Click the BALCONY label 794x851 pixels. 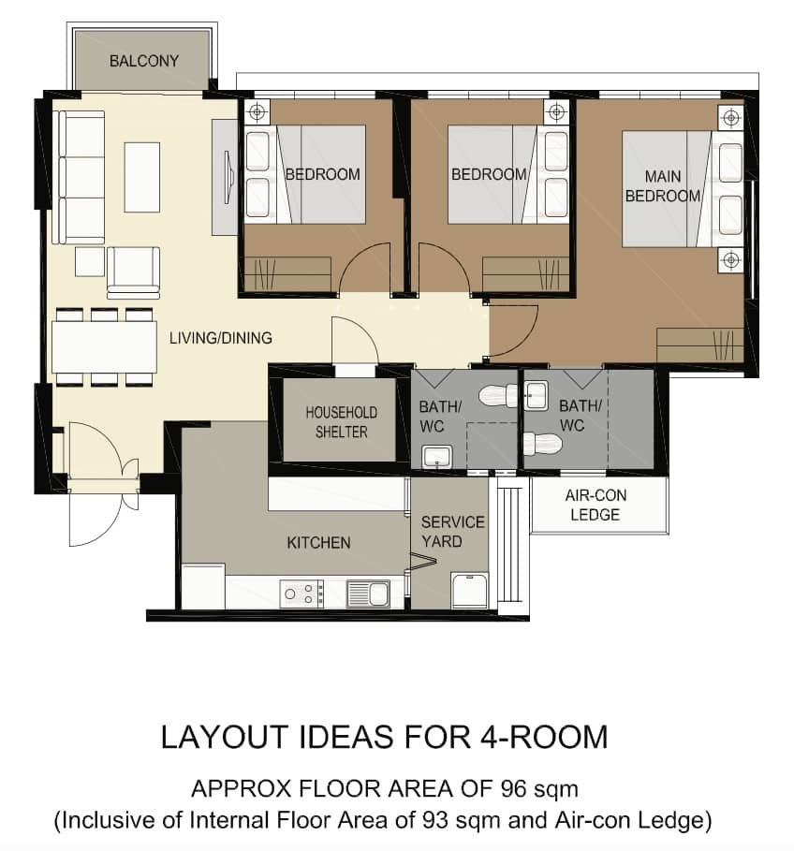point(144,61)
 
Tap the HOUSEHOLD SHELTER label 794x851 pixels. point(342,422)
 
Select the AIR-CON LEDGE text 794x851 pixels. point(595,505)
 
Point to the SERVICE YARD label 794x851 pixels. point(452,532)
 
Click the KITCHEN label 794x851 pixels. point(318,543)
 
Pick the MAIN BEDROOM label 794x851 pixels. point(663,186)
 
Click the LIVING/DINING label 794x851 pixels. point(221,338)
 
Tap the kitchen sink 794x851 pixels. point(369,594)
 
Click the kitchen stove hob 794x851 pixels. point(301,594)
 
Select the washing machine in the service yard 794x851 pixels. point(470,590)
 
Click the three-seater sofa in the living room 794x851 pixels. point(79,178)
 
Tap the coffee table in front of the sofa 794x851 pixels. point(142,177)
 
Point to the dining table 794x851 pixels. point(104,346)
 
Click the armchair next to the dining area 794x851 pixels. point(134,273)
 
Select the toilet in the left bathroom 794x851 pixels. point(498,395)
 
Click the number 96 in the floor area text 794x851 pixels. point(514,788)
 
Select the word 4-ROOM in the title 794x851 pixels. point(544,737)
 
